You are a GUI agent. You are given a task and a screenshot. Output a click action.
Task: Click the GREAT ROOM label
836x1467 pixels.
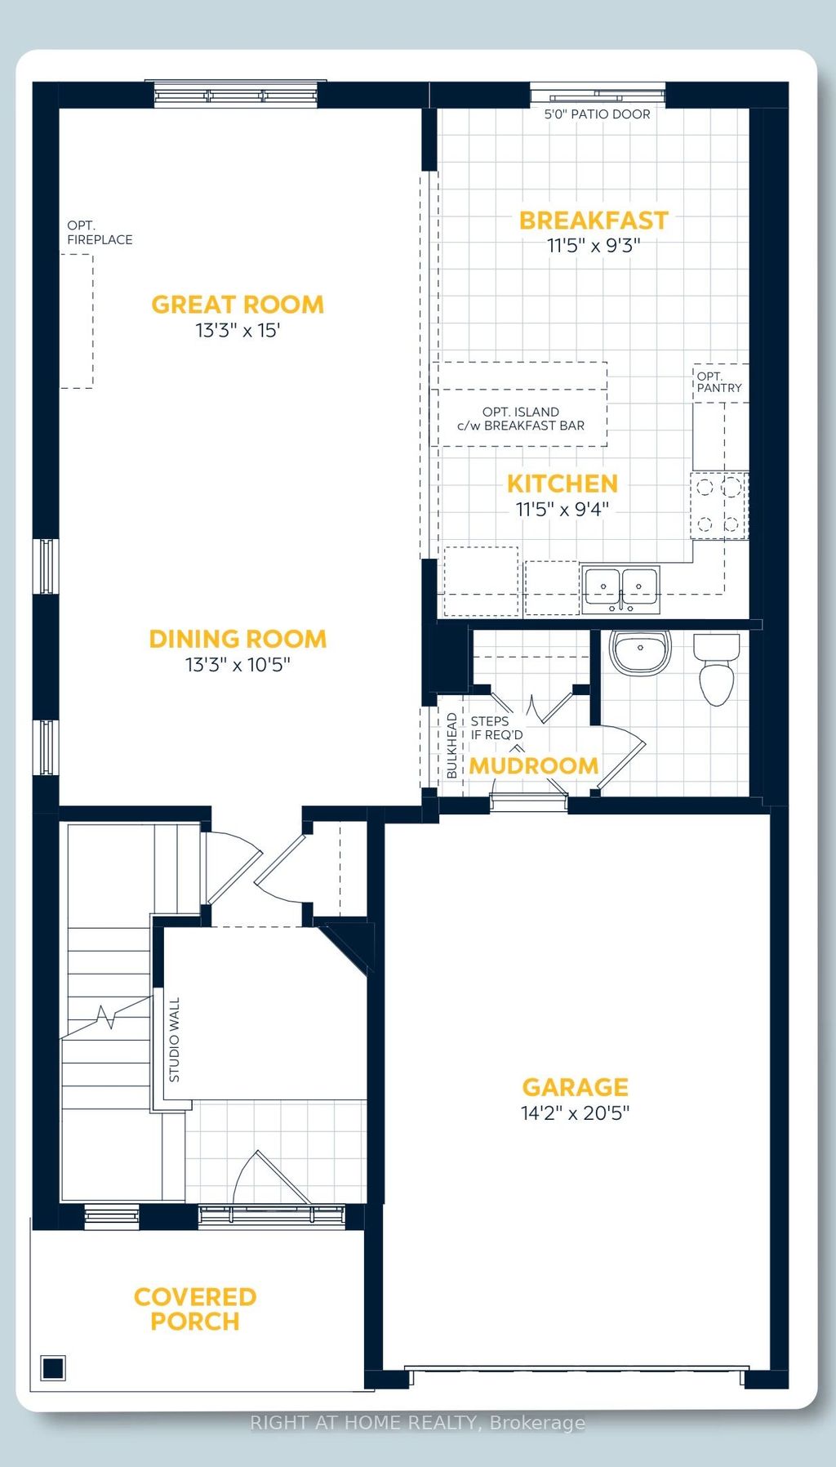click(x=238, y=305)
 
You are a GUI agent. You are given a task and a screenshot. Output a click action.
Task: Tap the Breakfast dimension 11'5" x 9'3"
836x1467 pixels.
click(x=594, y=245)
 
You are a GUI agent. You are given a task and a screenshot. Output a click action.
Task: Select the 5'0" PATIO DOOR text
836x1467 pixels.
click(x=597, y=114)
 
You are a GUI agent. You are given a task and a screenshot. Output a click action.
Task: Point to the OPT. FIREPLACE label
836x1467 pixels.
click(x=100, y=233)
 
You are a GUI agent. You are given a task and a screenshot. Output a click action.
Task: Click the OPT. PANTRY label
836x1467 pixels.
click(x=718, y=382)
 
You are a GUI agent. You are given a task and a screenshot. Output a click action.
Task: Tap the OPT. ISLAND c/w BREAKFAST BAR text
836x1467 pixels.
click(x=521, y=418)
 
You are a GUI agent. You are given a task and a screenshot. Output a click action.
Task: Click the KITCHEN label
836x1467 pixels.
click(x=562, y=484)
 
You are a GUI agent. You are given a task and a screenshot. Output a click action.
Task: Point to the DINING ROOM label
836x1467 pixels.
click(x=238, y=639)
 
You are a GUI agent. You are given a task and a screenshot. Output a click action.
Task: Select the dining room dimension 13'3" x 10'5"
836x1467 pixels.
click(x=238, y=665)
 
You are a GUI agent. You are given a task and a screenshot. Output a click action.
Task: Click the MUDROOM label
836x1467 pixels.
click(x=533, y=766)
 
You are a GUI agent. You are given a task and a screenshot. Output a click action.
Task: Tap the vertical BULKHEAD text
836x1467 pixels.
click(x=451, y=745)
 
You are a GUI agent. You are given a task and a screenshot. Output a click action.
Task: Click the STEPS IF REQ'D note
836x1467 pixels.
click(x=496, y=728)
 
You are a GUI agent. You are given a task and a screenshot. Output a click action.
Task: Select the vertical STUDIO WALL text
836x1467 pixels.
click(x=174, y=1040)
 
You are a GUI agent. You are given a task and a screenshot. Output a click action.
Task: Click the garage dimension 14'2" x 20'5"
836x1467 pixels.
click(x=575, y=1113)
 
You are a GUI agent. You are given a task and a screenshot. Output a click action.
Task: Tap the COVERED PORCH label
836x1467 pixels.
click(x=195, y=1309)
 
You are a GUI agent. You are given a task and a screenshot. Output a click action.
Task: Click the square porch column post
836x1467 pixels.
click(x=53, y=1367)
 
